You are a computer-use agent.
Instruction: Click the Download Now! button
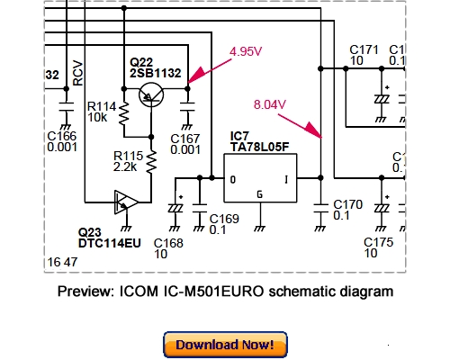click(225, 345)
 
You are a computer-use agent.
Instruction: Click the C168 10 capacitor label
click(167, 249)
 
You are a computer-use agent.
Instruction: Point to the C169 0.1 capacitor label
click(224, 224)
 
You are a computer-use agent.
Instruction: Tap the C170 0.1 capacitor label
click(347, 211)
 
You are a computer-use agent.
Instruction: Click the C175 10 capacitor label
click(378, 249)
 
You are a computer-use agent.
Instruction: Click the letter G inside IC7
click(261, 194)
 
